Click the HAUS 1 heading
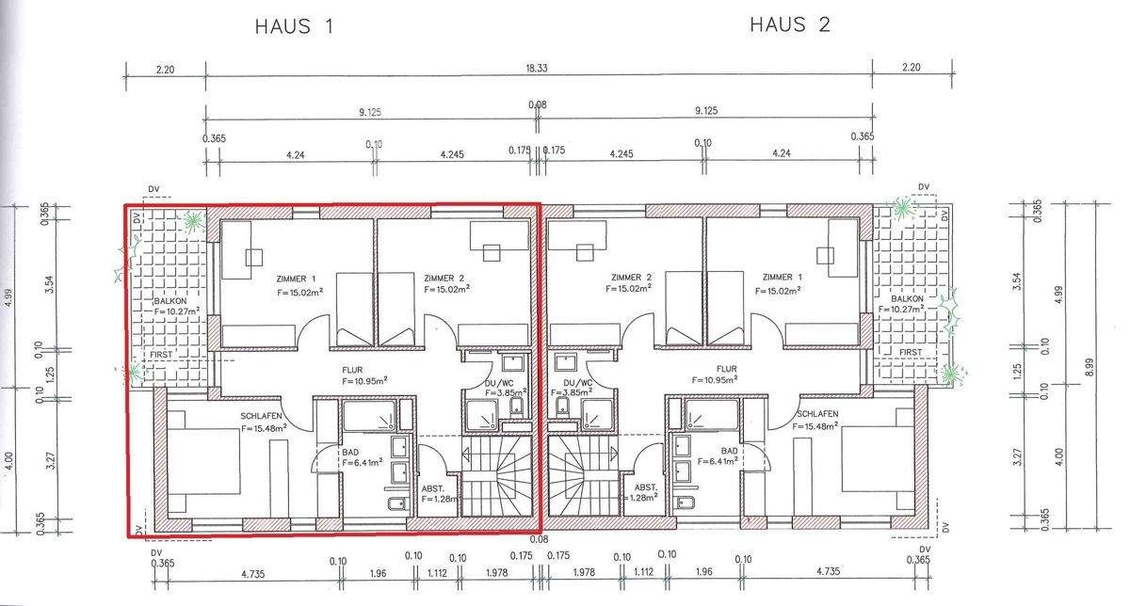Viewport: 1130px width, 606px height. click(x=295, y=26)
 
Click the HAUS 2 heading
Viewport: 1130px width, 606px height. click(x=789, y=24)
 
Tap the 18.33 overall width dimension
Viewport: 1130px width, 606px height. click(x=538, y=69)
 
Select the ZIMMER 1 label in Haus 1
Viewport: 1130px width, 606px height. click(x=298, y=279)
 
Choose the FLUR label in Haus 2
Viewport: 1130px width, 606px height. click(x=725, y=369)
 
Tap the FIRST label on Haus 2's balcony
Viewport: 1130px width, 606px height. click(x=911, y=352)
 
